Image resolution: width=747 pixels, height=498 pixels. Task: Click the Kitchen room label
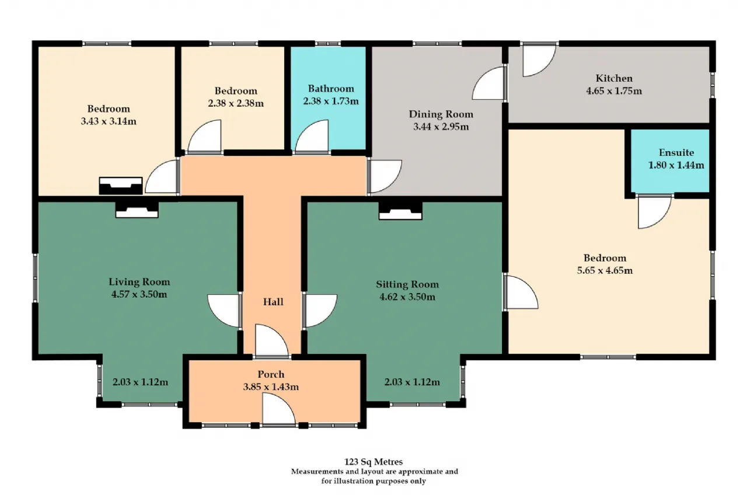coord(614,78)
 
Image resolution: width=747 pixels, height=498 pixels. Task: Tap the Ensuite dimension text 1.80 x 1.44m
coord(676,165)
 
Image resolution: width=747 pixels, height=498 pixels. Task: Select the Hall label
coord(273,302)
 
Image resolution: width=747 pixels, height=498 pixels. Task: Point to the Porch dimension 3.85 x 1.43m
coord(271,387)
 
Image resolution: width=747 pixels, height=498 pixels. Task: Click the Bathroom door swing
coord(312,136)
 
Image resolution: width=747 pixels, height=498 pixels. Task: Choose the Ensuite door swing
coord(655,212)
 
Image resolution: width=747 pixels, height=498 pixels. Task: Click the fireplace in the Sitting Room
coord(400,211)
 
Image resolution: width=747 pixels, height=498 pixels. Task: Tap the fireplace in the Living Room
coord(137,210)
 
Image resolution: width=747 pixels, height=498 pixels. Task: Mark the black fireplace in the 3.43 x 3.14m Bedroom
coord(121,186)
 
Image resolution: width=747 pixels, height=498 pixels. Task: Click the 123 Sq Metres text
coord(373,462)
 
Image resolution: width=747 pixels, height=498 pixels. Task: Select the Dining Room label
coord(441,114)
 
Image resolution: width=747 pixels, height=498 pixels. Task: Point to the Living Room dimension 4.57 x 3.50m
coord(139,294)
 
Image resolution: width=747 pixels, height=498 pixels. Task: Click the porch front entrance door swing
coord(279,409)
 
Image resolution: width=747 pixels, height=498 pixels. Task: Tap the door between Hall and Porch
coord(272,340)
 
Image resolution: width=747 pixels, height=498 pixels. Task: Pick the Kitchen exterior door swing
coord(539,61)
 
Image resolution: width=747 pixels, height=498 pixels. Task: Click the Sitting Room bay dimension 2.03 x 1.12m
coord(412,382)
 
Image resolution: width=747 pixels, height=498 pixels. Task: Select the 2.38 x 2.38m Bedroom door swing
coord(204,136)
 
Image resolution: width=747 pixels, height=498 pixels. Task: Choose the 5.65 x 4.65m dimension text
coord(605,270)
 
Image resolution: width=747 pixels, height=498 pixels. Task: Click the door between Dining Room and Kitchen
coord(488,83)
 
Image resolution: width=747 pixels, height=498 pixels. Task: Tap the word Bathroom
coord(331,89)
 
